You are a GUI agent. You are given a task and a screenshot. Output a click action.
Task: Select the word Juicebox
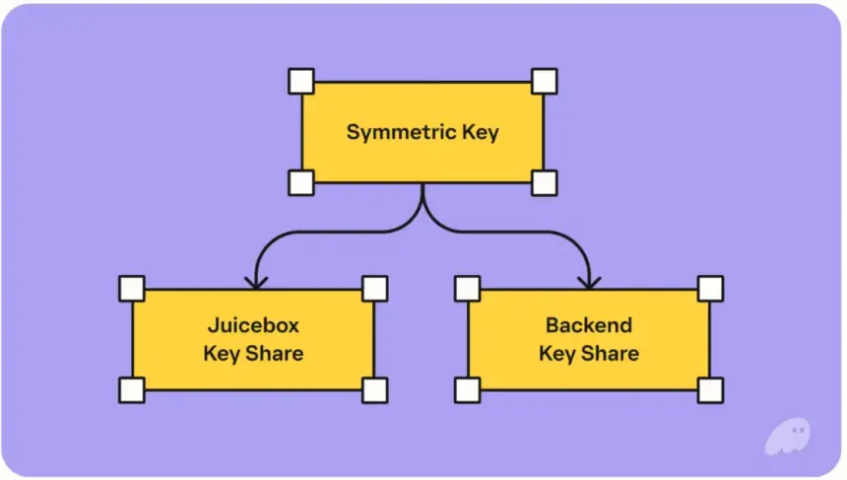(x=253, y=325)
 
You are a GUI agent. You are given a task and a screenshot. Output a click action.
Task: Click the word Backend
(x=589, y=325)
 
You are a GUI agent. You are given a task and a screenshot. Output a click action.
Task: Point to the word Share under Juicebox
(x=275, y=353)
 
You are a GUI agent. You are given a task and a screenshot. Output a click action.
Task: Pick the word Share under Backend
(x=611, y=353)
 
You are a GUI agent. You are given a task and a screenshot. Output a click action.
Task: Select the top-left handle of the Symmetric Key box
(x=300, y=80)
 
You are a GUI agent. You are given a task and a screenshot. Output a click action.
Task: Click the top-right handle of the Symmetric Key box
(x=544, y=80)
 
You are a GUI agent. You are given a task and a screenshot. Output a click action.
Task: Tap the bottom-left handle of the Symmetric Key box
(x=300, y=182)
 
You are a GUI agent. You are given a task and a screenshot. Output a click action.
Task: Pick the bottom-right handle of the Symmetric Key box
(x=544, y=182)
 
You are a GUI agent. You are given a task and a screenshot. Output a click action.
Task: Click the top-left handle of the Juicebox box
(x=131, y=288)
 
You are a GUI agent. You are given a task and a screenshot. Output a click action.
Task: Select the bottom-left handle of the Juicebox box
(x=131, y=390)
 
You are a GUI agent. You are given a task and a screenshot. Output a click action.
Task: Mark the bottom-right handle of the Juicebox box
(x=374, y=390)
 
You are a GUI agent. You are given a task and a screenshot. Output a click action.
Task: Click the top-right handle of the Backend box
(x=710, y=288)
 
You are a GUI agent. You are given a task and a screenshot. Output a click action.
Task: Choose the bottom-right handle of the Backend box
(x=710, y=390)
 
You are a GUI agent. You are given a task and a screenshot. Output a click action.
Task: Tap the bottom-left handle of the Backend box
(x=467, y=390)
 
